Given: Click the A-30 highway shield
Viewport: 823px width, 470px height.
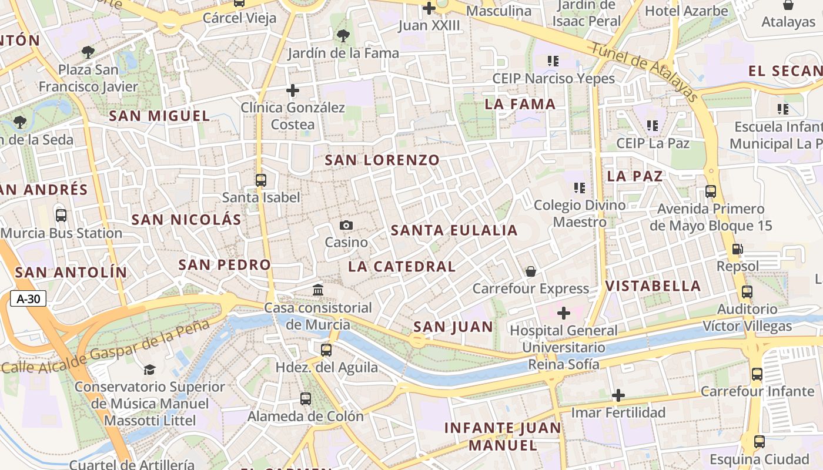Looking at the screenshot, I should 28,299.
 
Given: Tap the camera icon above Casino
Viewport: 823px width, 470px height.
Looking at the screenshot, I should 346,225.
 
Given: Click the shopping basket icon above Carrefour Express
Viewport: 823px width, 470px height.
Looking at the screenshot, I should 530,271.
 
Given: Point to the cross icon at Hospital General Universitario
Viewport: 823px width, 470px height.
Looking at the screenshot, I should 563,313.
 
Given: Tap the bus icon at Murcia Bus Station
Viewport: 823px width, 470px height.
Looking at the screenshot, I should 61,216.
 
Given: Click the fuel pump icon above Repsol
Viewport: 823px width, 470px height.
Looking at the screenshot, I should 737,249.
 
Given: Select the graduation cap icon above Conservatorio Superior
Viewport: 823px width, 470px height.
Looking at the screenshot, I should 149,370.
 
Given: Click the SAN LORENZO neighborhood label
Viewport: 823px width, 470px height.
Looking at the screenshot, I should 382,160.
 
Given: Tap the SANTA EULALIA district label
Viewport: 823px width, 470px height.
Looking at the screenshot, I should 454,230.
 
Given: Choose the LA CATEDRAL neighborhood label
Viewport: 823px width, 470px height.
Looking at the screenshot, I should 402,266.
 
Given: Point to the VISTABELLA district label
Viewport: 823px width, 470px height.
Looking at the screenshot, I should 653,286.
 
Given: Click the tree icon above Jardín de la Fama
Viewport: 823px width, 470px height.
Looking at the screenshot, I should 343,36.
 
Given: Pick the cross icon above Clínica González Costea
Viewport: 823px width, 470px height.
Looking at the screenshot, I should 292,90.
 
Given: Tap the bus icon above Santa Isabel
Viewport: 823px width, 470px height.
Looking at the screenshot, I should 261,180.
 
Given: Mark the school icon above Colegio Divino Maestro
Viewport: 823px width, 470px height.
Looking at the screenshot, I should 580,188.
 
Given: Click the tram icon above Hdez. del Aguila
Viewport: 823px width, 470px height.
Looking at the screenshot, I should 326,350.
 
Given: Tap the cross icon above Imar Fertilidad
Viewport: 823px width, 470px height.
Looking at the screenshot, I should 618,395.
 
